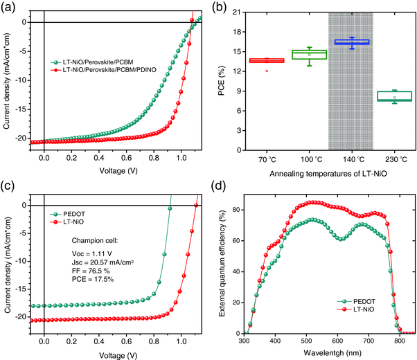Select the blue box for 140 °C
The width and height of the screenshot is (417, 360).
[351, 42]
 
